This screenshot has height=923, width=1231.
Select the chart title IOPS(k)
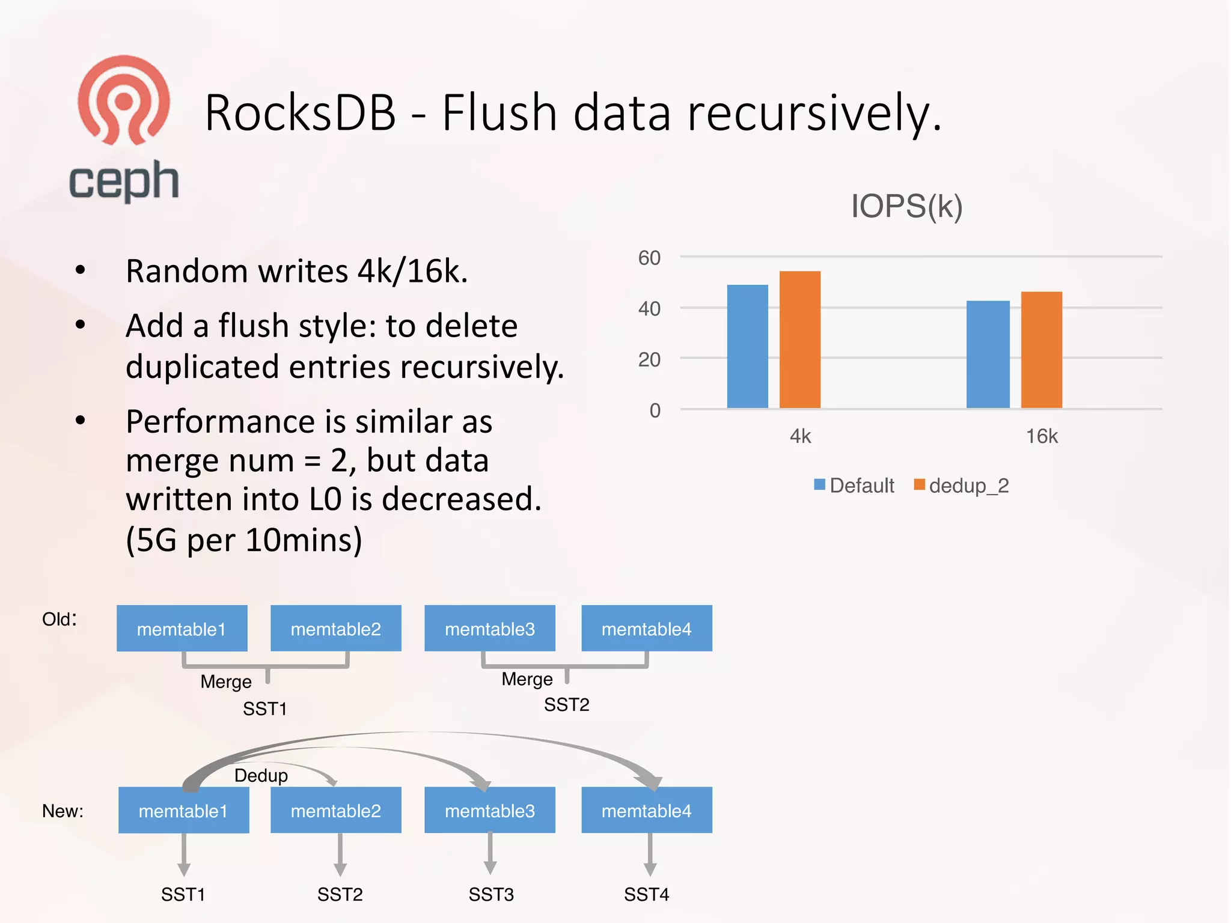tap(906, 206)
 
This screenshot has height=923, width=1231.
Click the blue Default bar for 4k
tap(747, 347)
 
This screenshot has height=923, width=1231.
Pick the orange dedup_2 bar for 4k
tap(799, 340)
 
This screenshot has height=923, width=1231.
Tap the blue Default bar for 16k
tap(988, 355)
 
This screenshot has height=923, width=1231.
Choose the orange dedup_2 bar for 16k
tap(1041, 350)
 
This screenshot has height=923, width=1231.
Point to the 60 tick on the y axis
tap(649, 258)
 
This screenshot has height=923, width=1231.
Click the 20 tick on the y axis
tap(649, 359)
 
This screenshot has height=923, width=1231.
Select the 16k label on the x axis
tap(1041, 436)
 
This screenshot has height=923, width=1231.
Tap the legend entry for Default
tap(854, 486)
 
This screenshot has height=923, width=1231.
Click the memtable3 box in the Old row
tap(489, 629)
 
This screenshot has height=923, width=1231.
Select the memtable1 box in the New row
tap(183, 811)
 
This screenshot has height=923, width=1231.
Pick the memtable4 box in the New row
tap(646, 811)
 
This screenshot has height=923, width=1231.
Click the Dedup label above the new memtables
tap(261, 775)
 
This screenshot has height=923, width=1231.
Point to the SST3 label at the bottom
tap(491, 895)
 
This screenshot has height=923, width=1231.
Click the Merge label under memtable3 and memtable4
tap(527, 679)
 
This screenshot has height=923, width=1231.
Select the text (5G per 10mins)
tap(244, 540)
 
